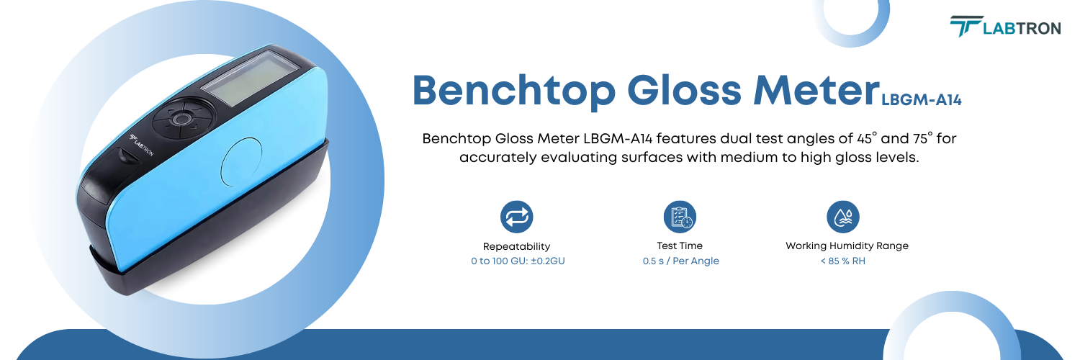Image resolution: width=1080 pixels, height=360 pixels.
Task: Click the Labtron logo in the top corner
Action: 1004,27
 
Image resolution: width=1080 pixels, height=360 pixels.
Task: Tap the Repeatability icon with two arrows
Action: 517,216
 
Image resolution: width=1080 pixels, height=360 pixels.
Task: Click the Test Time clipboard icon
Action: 680,216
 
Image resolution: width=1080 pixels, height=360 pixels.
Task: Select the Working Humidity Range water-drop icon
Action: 843,216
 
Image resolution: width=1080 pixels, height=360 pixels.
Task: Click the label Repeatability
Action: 517,246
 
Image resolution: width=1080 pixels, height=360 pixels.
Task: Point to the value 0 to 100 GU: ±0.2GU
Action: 517,261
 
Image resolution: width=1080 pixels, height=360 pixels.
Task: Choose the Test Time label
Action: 680,246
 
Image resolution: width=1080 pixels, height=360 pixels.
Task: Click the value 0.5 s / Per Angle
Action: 680,261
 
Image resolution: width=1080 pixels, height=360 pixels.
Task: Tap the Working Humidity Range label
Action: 847,246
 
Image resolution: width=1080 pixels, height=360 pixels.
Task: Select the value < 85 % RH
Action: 843,261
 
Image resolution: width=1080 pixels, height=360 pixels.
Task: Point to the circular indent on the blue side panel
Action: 244,160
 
